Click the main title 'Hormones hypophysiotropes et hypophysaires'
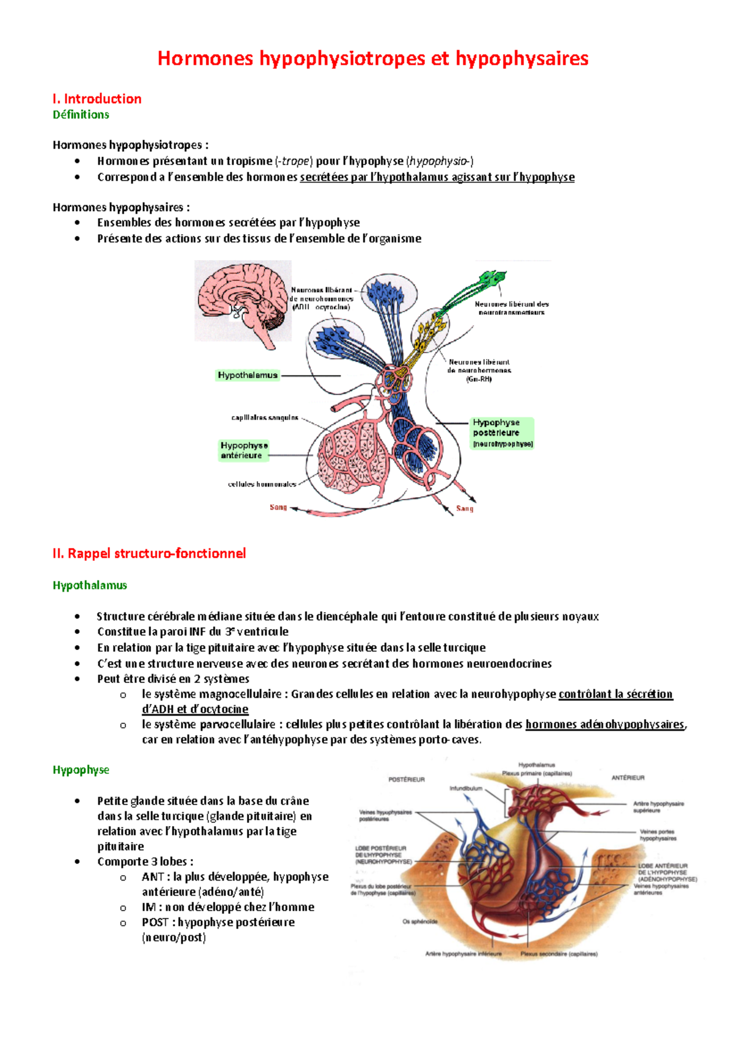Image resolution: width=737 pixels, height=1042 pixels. tap(373, 58)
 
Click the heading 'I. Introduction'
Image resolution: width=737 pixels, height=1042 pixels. tap(97, 99)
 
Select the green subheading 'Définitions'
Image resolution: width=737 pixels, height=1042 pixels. tap(80, 115)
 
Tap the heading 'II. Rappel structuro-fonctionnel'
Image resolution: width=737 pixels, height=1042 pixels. tap(149, 554)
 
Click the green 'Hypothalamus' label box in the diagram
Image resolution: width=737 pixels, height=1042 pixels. tap(248, 375)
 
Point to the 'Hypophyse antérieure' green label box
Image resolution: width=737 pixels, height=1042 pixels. tap(244, 450)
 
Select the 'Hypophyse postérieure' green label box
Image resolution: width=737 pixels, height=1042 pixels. tap(502, 433)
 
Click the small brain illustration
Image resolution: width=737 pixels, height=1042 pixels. tap(243, 301)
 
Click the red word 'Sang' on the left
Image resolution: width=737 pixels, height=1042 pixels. tap(278, 507)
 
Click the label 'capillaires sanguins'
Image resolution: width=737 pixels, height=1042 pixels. tap(265, 418)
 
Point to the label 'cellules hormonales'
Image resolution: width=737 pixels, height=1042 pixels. tap(262, 484)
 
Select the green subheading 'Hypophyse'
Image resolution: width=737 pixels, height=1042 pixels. tap(80, 770)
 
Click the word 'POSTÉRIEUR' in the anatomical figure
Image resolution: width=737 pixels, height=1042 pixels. tap(407, 779)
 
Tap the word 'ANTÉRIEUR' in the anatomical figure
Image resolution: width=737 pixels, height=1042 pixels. tap(628, 778)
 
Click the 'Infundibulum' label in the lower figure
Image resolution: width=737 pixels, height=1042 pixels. tap(466, 789)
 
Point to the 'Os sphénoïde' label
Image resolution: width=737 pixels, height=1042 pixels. tap(420, 921)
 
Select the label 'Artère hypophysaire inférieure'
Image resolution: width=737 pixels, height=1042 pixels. tap(463, 954)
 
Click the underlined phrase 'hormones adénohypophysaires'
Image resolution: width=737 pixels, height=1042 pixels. tap(604, 724)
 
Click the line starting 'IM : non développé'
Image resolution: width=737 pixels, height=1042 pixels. tap(227, 907)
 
